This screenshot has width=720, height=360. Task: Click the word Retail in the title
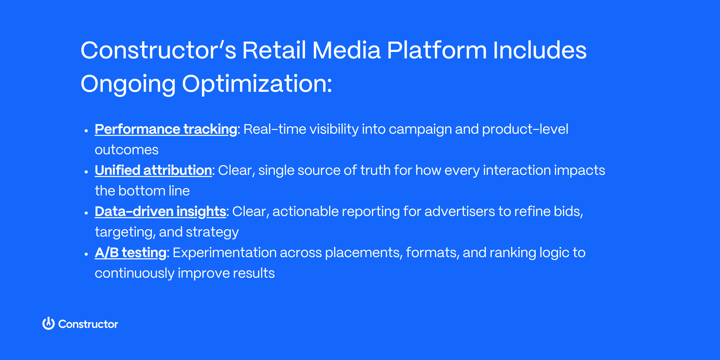pyautogui.click(x=274, y=50)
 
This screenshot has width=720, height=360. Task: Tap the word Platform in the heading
pyautogui.click(x=437, y=50)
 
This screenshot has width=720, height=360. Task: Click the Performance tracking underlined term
pyautogui.click(x=166, y=129)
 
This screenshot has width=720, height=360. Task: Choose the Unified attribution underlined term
pyautogui.click(x=153, y=170)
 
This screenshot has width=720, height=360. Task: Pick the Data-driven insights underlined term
pyautogui.click(x=160, y=211)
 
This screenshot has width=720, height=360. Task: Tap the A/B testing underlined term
pyautogui.click(x=130, y=253)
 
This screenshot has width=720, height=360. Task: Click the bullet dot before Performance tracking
pyautogui.click(x=86, y=131)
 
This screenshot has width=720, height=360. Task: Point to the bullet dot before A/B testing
pyautogui.click(x=86, y=254)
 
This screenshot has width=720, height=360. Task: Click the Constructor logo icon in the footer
pyautogui.click(x=49, y=324)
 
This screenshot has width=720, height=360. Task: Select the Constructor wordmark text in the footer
pyautogui.click(x=88, y=324)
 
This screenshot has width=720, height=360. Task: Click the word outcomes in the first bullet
pyautogui.click(x=126, y=150)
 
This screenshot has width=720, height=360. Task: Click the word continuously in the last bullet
pyautogui.click(x=134, y=273)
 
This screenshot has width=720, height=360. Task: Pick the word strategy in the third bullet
pyautogui.click(x=212, y=232)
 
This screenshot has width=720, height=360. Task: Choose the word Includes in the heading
pyautogui.click(x=539, y=50)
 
